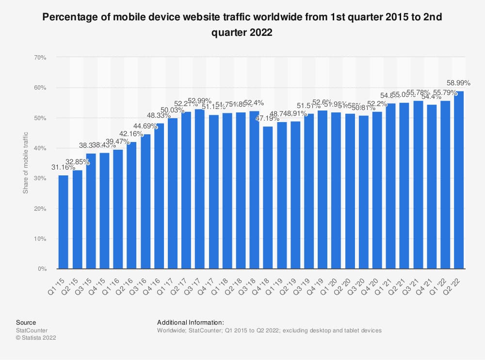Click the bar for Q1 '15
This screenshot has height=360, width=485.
click(x=64, y=222)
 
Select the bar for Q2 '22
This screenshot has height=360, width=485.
click(x=459, y=180)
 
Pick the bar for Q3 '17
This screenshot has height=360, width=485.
click(x=199, y=189)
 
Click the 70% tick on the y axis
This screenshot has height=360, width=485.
click(x=40, y=58)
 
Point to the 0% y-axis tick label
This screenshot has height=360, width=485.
click(x=42, y=269)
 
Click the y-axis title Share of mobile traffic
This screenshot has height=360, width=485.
click(x=26, y=163)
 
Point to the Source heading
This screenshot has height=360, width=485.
click(x=26, y=322)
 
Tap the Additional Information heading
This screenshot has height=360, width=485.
click(x=190, y=322)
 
